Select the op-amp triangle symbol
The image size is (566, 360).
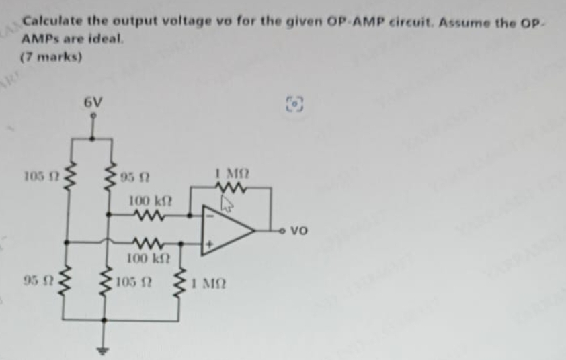pyautogui.click(x=226, y=230)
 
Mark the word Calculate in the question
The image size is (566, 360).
pyautogui.click(x=49, y=22)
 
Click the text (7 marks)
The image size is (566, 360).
pyautogui.click(x=50, y=57)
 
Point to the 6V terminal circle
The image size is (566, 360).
pyautogui.click(x=93, y=116)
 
